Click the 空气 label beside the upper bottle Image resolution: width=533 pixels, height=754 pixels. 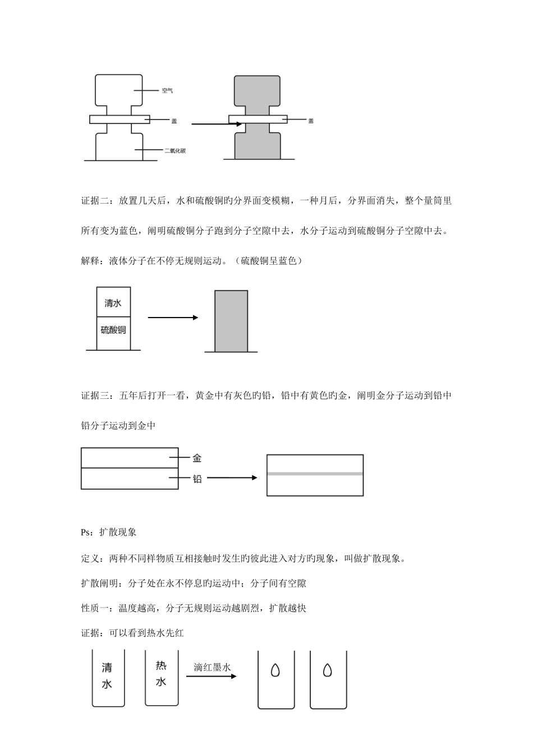[x=167, y=90]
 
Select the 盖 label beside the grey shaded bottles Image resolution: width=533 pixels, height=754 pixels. [x=311, y=121]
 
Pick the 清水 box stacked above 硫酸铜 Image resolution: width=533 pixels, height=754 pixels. [x=113, y=303]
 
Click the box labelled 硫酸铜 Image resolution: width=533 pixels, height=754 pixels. [x=113, y=330]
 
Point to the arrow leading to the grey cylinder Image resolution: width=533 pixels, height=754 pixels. [x=173, y=318]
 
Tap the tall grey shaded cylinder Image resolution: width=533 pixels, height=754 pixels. [x=231, y=321]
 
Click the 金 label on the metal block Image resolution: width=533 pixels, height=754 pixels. [x=197, y=458]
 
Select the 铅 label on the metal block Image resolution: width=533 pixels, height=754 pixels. [x=197, y=479]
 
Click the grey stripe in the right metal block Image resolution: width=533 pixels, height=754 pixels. [x=315, y=474]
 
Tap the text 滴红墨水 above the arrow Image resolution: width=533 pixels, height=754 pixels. [x=212, y=668]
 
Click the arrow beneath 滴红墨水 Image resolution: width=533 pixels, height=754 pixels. [x=211, y=677]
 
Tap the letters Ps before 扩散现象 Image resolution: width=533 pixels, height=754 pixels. [x=86, y=532]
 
